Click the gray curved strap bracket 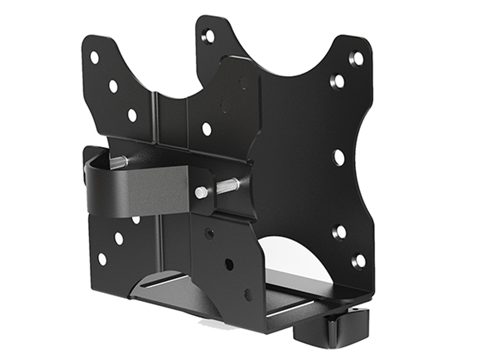click(x=139, y=190)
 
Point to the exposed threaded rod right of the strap click(x=228, y=185)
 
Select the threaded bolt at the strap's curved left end click(x=118, y=162)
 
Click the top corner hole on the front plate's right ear click(x=357, y=58)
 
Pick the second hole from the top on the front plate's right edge click(x=338, y=81)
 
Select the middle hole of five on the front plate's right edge click(x=339, y=157)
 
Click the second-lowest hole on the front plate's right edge click(x=339, y=232)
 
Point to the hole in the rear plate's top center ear click(x=208, y=35)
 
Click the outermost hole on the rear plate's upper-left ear click(x=95, y=58)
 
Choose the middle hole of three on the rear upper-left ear click(x=113, y=86)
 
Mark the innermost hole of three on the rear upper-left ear click(x=132, y=115)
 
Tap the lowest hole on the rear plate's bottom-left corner click(x=102, y=259)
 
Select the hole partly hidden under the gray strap click(x=136, y=219)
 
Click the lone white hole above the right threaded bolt click(x=206, y=129)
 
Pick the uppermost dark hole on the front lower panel click(x=210, y=234)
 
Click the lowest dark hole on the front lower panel click(x=248, y=294)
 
